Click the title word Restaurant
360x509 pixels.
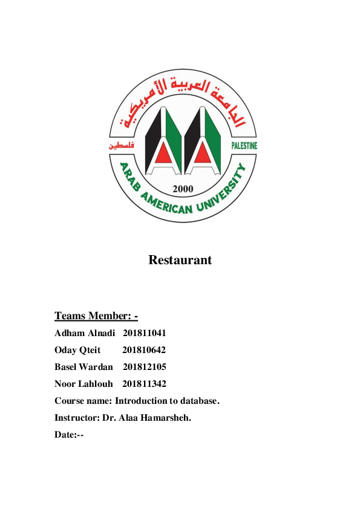pyautogui.click(x=180, y=261)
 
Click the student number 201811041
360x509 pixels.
pyautogui.click(x=145, y=333)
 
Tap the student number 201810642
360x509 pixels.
pyautogui.click(x=144, y=350)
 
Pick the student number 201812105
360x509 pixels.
pyautogui.click(x=145, y=367)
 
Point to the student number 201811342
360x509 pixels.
pyautogui.click(x=144, y=384)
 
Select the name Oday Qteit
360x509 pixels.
pyautogui.click(x=77, y=350)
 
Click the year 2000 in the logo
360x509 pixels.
pyautogui.click(x=183, y=189)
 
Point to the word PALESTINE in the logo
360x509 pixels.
pyautogui.click(x=244, y=146)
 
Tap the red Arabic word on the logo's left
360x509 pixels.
pyautogui.click(x=122, y=146)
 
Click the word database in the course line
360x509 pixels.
pyautogui.click(x=197, y=401)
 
